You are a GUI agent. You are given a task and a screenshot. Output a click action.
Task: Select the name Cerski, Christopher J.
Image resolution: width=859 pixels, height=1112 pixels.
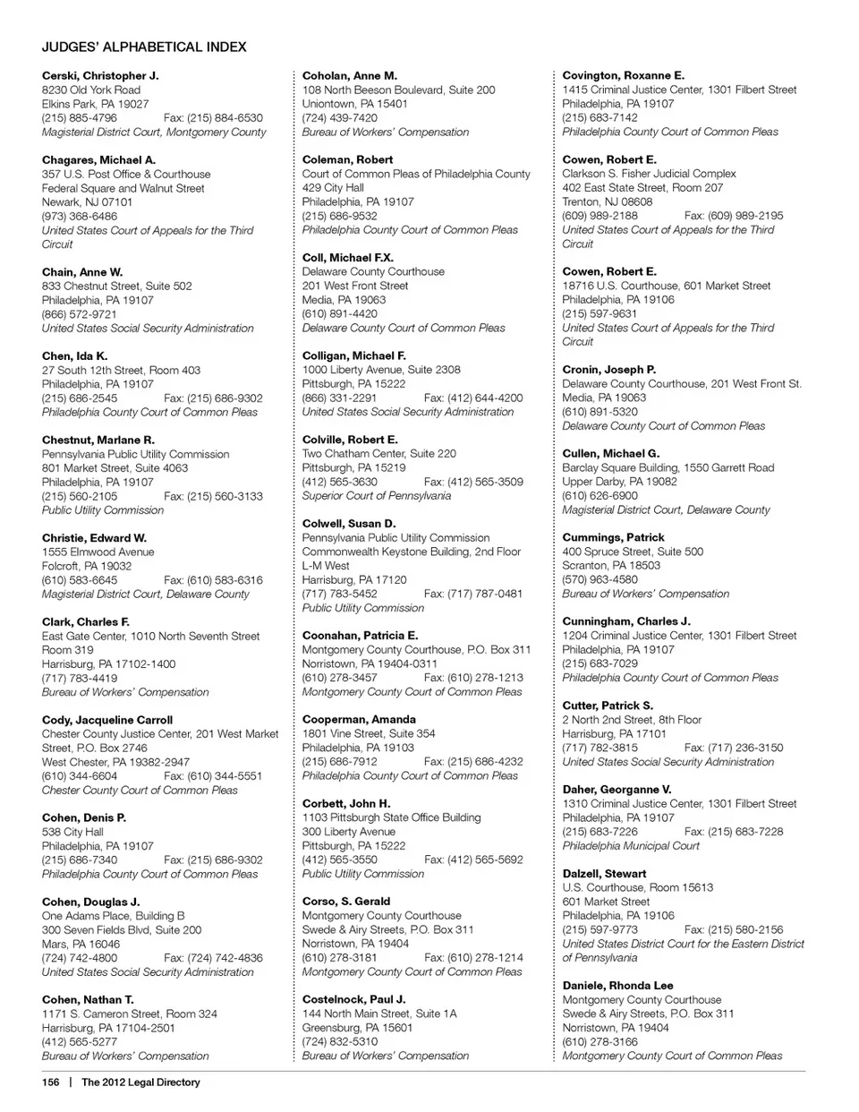[100, 76]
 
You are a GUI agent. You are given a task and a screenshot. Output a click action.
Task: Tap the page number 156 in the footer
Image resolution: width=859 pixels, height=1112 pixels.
[51, 1082]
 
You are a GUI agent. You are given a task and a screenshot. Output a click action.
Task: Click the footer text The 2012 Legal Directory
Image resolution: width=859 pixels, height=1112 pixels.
[140, 1082]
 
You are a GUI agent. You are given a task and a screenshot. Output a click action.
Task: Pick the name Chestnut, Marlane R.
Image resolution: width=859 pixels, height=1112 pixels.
[98, 441]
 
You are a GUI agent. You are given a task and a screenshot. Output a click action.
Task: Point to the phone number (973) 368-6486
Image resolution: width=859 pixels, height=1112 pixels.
[80, 217]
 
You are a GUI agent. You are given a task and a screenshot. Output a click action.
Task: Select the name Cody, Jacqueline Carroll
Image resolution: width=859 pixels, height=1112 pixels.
[107, 720]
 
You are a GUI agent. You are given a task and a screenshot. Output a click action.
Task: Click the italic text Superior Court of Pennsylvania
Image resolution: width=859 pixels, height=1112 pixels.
[377, 496]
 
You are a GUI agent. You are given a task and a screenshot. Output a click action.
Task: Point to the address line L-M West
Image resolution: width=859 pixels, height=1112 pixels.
[326, 566]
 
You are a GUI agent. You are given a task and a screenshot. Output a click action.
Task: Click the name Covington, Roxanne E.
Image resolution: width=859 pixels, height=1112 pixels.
[624, 76]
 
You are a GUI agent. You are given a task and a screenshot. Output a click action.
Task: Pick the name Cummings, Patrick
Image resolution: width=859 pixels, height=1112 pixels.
[614, 537]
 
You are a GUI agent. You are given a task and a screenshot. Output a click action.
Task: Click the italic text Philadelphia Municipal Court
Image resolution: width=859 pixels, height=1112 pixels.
[632, 846]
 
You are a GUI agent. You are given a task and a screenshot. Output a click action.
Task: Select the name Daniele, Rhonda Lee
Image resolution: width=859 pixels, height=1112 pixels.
[618, 986]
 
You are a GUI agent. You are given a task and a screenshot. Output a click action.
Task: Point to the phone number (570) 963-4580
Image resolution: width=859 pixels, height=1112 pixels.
[600, 580]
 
